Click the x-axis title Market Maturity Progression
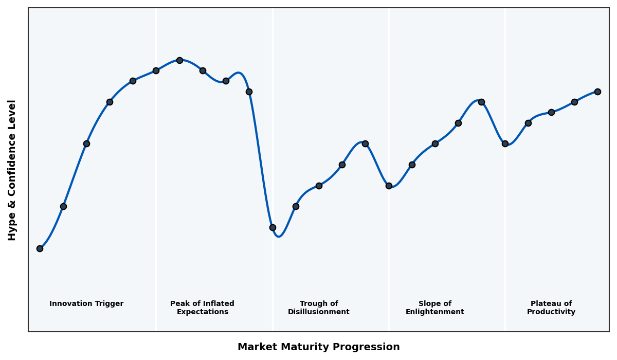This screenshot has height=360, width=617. (318, 347)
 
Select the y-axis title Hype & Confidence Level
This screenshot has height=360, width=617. (12, 170)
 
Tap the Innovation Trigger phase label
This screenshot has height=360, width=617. (86, 304)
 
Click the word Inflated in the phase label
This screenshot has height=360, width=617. (212, 304)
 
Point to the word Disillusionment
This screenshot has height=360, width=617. (318, 312)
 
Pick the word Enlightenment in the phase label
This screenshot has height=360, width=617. (434, 312)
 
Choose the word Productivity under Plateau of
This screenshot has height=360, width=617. (551, 312)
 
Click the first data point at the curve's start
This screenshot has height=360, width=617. (40, 248)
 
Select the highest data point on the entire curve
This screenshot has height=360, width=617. (179, 60)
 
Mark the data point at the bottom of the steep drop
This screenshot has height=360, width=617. (273, 227)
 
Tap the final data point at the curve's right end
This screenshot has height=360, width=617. (597, 92)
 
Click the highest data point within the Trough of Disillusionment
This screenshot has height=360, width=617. (365, 143)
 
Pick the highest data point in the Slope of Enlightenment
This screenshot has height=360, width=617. (481, 102)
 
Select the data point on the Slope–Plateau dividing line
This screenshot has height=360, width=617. (505, 143)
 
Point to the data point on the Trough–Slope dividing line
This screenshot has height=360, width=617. (389, 186)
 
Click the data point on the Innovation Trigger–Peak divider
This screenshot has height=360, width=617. (156, 70)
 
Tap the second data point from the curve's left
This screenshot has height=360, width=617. (63, 206)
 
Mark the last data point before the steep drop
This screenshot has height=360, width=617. (249, 92)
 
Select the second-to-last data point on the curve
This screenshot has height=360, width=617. (574, 102)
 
